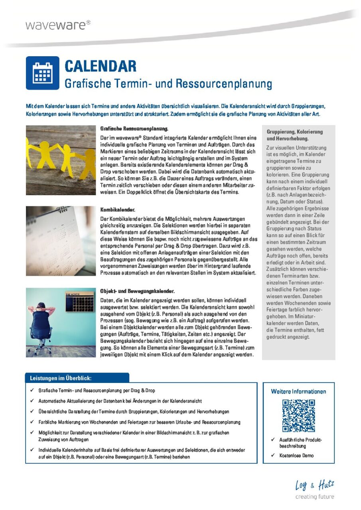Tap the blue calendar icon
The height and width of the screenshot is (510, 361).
[x=43, y=73]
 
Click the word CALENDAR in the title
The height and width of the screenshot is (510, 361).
[x=100, y=66]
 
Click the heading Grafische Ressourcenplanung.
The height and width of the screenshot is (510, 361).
[x=134, y=129]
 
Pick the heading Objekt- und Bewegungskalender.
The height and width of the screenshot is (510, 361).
[x=137, y=291]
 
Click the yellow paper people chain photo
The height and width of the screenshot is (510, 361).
[x=61, y=160]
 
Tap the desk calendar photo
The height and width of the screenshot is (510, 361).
[x=61, y=241]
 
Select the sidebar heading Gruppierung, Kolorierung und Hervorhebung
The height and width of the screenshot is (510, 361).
[x=294, y=135]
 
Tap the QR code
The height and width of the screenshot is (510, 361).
[x=298, y=416]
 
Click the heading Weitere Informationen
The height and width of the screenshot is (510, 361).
[x=298, y=391]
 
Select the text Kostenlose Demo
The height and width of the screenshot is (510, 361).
[x=296, y=455]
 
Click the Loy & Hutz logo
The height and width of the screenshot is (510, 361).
[x=314, y=485]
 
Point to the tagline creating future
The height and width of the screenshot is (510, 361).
[x=314, y=497]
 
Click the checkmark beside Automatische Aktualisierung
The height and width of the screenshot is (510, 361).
[x=32, y=401]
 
